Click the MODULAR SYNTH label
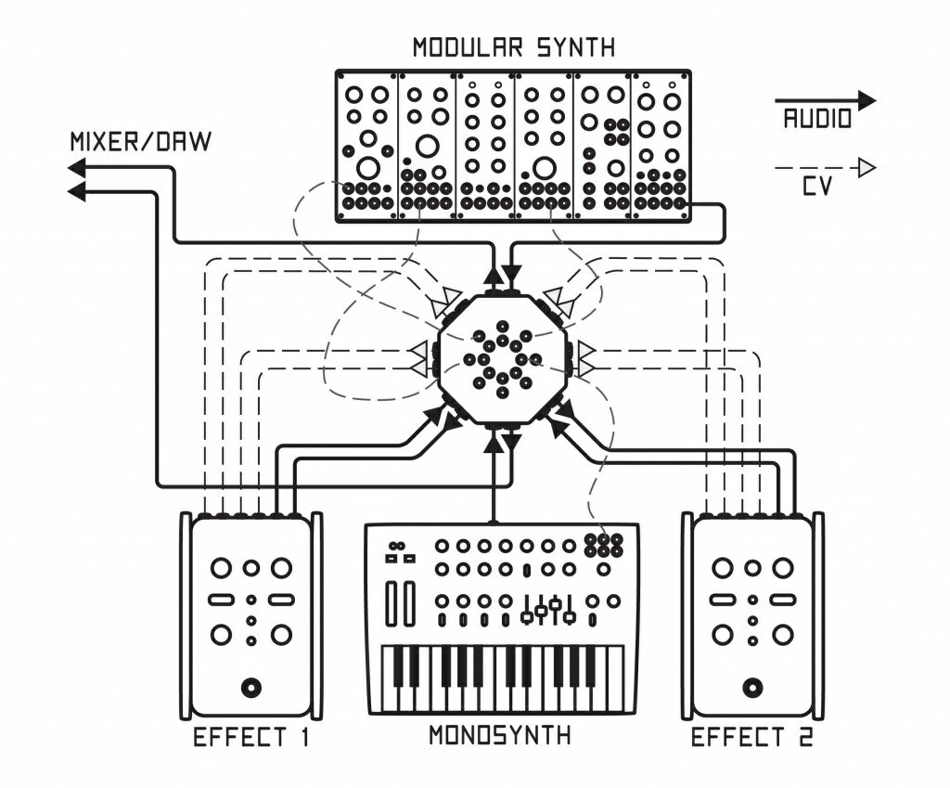pyautogui.click(x=513, y=46)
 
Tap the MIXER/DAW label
pyautogui.click(x=140, y=142)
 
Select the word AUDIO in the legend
pyautogui.click(x=817, y=119)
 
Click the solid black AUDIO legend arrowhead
pyautogui.click(x=867, y=100)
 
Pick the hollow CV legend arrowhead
pyautogui.click(x=867, y=168)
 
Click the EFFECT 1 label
pyautogui.click(x=250, y=739)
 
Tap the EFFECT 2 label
pyautogui.click(x=752, y=739)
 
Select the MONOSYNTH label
pyautogui.click(x=499, y=736)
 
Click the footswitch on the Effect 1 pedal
pyautogui.click(x=250, y=688)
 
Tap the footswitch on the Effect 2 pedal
pyautogui.click(x=752, y=688)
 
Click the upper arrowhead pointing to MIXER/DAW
pyautogui.click(x=77, y=168)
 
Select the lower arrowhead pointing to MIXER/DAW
pyautogui.click(x=77, y=192)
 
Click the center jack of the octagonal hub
pyautogui.click(x=502, y=359)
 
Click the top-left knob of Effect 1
pyautogui.click(x=221, y=568)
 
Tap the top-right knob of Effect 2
pyautogui.click(x=783, y=568)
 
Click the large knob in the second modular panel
pyautogui.click(x=427, y=146)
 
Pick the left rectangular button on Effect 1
pyautogui.click(x=221, y=600)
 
